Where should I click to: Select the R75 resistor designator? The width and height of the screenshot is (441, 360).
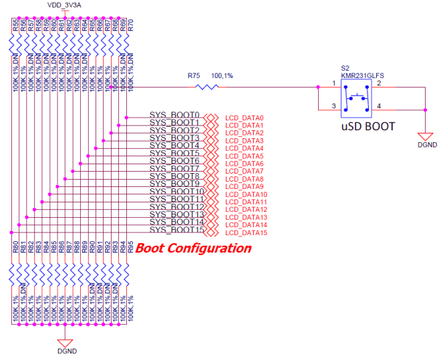[x=194, y=77]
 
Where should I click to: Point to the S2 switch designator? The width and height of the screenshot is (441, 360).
[x=345, y=67]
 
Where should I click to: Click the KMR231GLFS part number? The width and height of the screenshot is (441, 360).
[x=361, y=75]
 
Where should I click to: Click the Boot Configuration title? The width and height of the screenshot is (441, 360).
[x=193, y=248]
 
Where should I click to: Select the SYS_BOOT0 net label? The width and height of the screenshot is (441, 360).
[x=174, y=115]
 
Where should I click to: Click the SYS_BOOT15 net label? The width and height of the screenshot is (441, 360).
[x=176, y=230]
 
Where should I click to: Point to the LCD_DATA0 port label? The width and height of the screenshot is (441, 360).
[x=245, y=118]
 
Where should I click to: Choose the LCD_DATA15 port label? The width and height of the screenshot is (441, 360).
[x=247, y=232]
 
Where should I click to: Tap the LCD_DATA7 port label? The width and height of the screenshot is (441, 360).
[x=245, y=171]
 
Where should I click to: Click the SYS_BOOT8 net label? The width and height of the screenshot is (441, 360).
[x=174, y=176]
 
